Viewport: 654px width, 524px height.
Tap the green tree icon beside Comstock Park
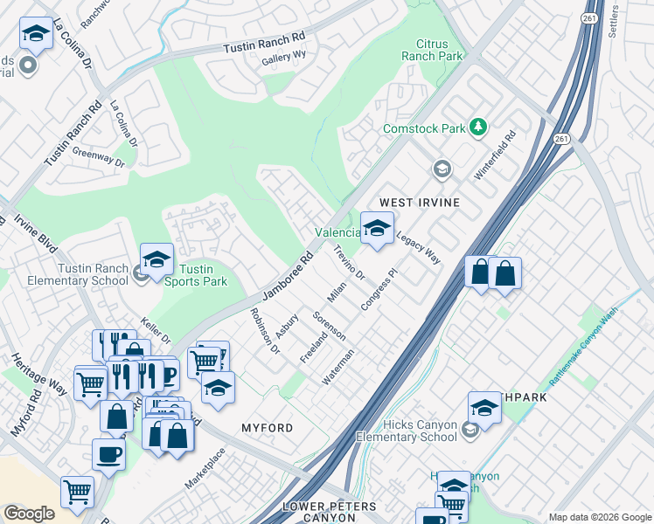coord(477,128)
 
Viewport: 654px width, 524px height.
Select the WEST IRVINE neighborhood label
coord(419,202)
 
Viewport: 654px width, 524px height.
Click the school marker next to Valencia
coord(377,229)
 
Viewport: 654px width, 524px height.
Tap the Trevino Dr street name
coord(348,262)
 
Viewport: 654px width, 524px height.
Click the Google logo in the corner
coord(29,514)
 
